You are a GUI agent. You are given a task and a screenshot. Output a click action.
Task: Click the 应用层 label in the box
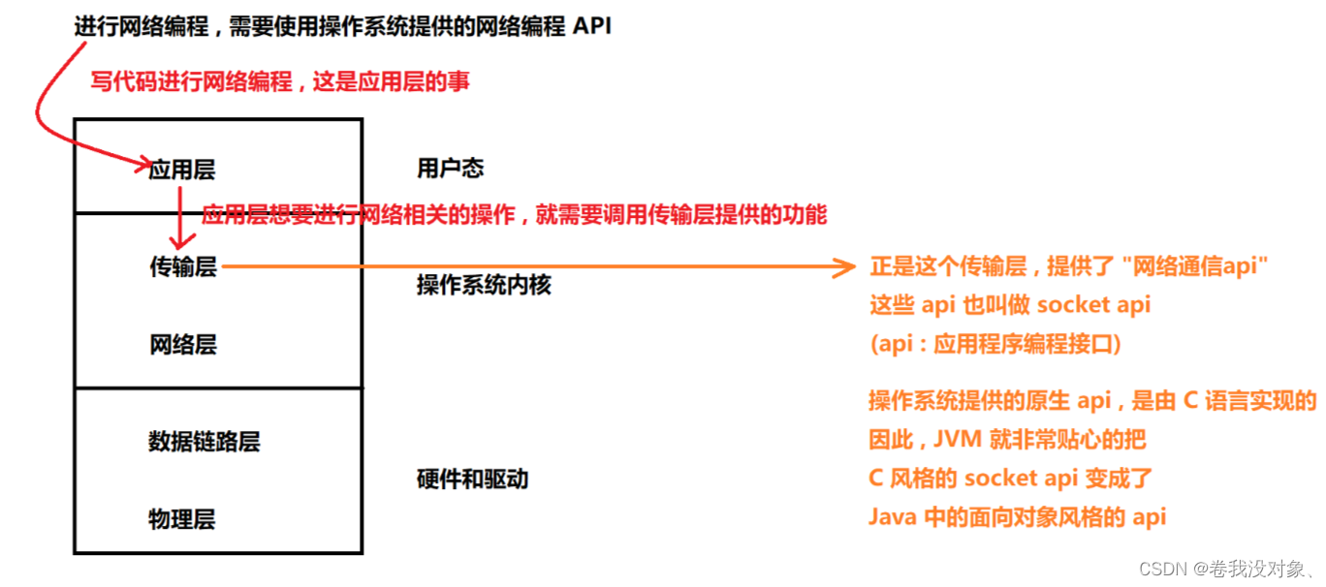pos(181,170)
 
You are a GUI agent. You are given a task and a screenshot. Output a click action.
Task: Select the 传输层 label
pos(182,266)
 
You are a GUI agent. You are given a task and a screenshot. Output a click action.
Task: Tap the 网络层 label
pos(182,344)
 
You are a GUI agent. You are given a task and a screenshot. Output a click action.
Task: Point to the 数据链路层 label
pos(204,442)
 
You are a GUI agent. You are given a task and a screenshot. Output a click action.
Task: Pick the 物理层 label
pos(181,519)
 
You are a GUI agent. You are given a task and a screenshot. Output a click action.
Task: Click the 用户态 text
pos(450,169)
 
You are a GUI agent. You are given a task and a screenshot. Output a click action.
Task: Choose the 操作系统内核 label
pos(484,285)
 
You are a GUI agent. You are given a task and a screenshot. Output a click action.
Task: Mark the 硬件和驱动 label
pos(472,479)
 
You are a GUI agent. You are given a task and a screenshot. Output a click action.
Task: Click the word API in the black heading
pos(592,26)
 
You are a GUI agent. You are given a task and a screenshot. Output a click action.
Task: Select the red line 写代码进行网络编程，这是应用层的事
pos(280,81)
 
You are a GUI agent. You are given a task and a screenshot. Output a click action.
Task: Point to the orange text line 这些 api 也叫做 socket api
pos(1009,305)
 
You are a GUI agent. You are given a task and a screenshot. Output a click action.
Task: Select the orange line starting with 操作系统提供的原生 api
pos(1091,401)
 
